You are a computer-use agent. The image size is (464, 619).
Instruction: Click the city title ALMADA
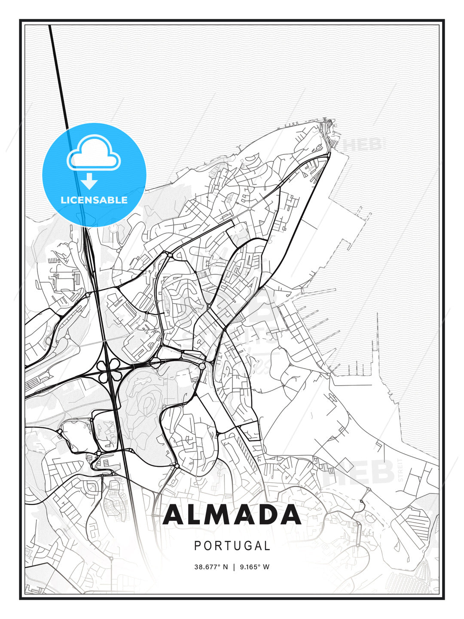click(232, 515)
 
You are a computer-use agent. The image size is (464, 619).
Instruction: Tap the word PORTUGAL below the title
click(232, 546)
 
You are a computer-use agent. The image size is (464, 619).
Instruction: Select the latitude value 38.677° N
click(211, 567)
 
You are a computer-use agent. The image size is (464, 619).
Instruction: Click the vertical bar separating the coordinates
click(234, 567)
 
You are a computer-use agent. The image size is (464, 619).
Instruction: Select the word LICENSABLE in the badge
click(94, 200)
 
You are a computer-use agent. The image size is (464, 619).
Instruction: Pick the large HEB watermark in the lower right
click(365, 472)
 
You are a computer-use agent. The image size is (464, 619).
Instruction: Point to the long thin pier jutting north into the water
click(378, 340)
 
